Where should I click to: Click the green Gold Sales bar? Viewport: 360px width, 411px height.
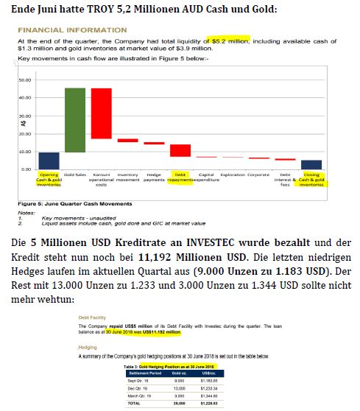pos(75,120)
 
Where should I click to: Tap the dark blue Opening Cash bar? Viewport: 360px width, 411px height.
pos(49,161)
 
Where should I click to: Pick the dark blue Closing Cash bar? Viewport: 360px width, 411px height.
pos(311,165)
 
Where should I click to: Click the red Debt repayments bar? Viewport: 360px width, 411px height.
pos(180,150)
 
